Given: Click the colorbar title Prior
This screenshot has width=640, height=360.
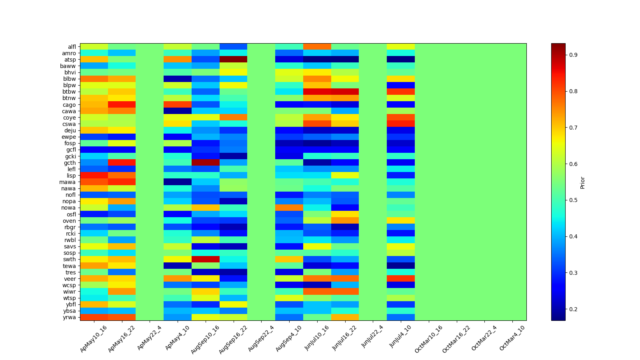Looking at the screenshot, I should [582, 182].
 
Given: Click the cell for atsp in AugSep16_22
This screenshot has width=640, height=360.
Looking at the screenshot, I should [234, 60].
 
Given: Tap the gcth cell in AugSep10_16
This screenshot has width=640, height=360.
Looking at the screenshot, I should [206, 162].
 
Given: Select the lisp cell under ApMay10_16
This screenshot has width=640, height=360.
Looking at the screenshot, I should [94, 176].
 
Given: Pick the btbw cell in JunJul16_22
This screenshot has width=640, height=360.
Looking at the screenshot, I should [345, 92].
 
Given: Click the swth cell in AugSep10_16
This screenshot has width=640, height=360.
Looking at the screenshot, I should [206, 259].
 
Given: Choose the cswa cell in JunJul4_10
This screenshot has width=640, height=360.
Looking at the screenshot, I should [401, 124].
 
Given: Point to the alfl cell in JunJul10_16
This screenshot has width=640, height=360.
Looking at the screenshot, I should [317, 47].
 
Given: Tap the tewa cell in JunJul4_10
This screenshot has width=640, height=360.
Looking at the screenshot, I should [401, 266].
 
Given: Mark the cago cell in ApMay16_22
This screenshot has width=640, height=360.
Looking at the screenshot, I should [122, 105].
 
